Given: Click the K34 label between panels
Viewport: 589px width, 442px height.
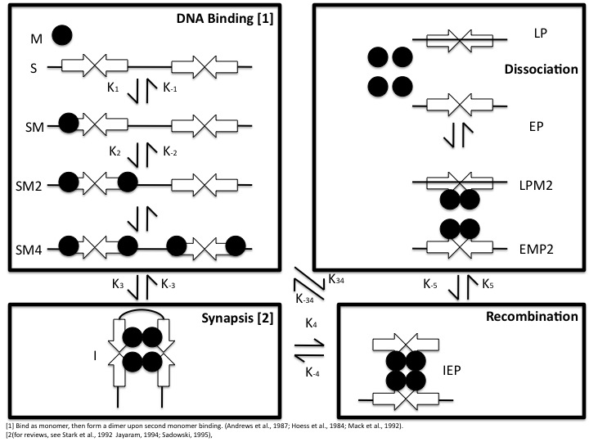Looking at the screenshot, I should click(x=335, y=279).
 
